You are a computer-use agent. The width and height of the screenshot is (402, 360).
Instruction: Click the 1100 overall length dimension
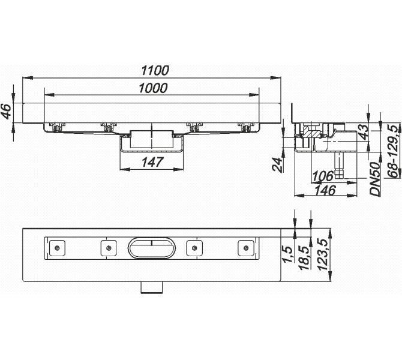(x=155, y=71)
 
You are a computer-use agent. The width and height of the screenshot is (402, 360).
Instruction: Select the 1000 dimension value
(x=153, y=88)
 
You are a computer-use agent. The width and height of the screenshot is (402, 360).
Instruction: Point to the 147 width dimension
(x=152, y=162)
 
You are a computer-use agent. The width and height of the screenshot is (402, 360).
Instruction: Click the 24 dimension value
(x=277, y=164)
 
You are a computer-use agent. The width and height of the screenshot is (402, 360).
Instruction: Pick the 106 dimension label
(x=323, y=176)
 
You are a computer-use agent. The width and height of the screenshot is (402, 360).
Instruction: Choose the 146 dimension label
(x=325, y=191)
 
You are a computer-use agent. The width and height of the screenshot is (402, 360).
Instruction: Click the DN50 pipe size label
(x=375, y=179)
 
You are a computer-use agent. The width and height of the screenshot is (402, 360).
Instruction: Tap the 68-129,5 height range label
(x=394, y=150)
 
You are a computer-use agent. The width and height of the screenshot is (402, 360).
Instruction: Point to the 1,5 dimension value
(x=287, y=254)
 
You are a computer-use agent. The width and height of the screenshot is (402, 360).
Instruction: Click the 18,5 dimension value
(x=304, y=257)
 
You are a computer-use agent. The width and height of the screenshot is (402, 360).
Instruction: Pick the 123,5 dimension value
(x=322, y=254)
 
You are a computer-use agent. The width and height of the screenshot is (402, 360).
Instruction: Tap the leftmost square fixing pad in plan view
(x=57, y=248)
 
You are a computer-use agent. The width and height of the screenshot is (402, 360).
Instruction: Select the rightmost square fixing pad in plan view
(x=246, y=248)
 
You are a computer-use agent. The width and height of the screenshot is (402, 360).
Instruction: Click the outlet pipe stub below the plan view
(x=152, y=287)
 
